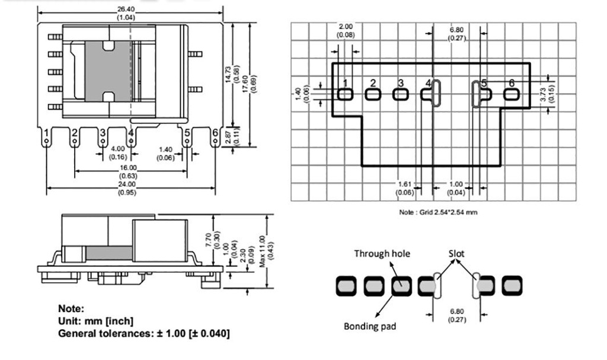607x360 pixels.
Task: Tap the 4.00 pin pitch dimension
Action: (118, 149)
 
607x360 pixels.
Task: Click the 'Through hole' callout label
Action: (382, 254)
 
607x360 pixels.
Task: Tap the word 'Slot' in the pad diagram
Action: (456, 254)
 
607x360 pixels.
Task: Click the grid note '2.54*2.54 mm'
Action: (439, 212)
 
